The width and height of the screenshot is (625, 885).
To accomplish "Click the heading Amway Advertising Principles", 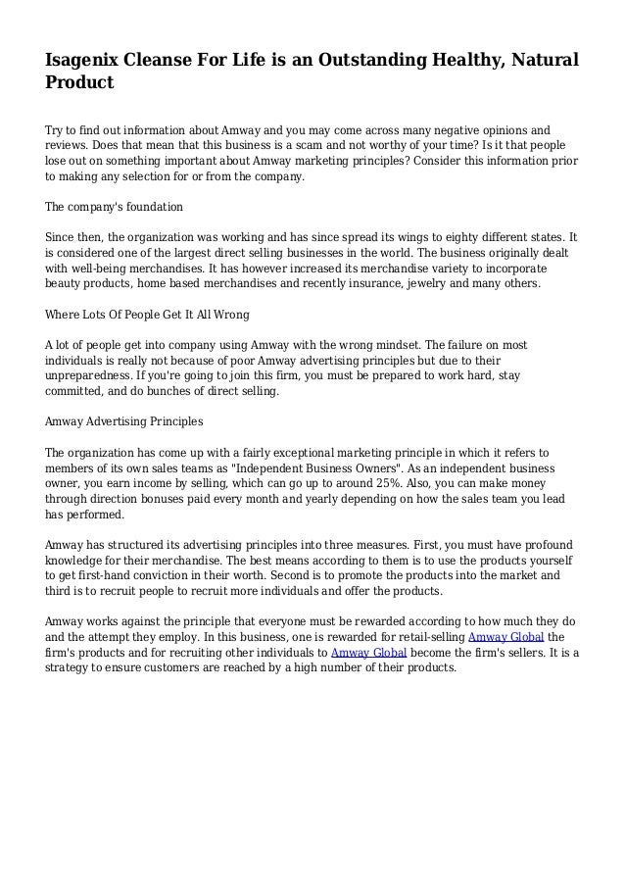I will tap(124, 421).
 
